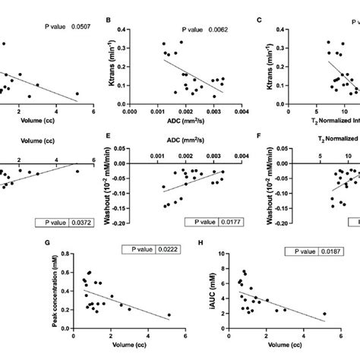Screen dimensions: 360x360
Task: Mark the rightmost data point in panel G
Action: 168,314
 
